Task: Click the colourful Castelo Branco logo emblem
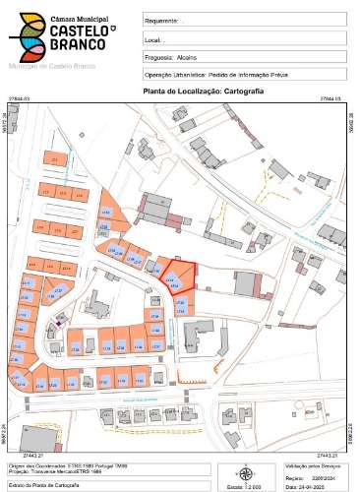click(27, 36)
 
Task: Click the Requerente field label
click(161, 20)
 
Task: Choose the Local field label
click(152, 39)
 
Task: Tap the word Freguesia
click(160, 57)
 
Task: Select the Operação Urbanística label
click(177, 75)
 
